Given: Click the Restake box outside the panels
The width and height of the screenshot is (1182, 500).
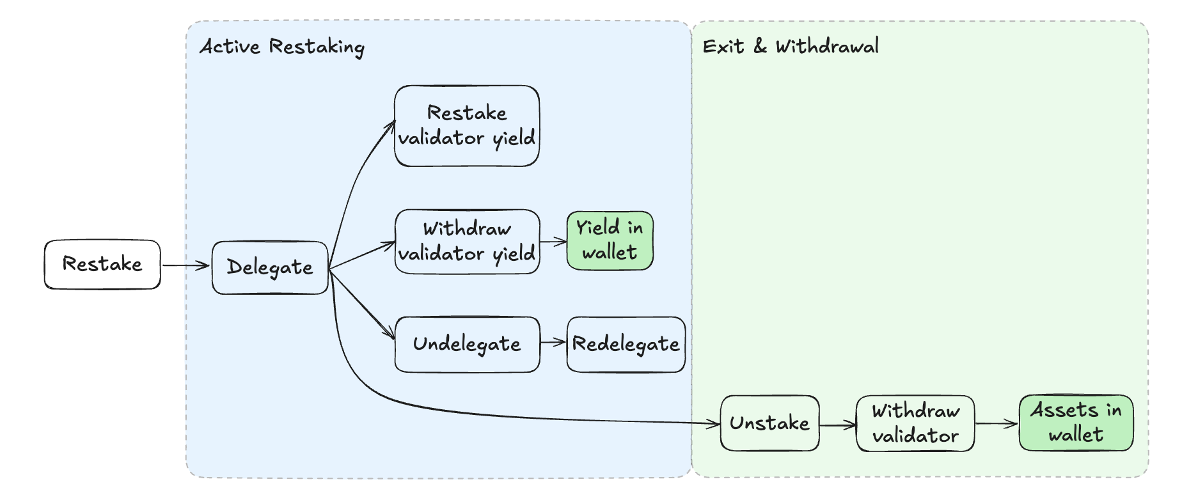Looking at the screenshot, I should tap(102, 264).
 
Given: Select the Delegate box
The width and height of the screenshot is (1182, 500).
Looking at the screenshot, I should tap(270, 267).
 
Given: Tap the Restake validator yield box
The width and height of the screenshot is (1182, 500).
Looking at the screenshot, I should tap(467, 126).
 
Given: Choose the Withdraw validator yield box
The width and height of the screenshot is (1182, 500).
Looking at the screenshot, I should tap(467, 241).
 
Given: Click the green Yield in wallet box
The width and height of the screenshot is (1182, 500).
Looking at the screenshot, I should tap(610, 240).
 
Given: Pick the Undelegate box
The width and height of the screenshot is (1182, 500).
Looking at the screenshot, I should tap(467, 344).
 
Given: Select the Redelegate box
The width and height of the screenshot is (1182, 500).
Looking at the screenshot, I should tap(626, 344).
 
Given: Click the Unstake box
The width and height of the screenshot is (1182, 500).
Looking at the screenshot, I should tap(769, 423).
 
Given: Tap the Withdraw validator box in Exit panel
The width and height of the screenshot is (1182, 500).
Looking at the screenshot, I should tap(915, 423).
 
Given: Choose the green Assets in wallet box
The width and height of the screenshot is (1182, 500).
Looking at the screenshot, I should tap(1076, 423).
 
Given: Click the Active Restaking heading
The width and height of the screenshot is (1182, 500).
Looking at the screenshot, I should tap(282, 47).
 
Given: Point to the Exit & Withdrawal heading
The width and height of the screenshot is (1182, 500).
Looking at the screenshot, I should tap(791, 46).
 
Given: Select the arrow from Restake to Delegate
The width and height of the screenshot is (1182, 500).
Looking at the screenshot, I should tap(185, 265).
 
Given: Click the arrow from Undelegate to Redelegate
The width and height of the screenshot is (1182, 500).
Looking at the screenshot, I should tap(553, 342).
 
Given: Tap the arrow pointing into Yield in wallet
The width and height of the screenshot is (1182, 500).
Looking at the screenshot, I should tap(553, 242).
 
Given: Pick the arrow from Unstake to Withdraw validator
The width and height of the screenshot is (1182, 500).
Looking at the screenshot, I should tap(837, 425).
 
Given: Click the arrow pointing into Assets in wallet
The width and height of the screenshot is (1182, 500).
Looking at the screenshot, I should tap(997, 423).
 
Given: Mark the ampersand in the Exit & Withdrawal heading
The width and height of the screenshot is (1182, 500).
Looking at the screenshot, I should tap(760, 46).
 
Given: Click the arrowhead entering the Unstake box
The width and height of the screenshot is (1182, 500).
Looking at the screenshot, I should tap(714, 423).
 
